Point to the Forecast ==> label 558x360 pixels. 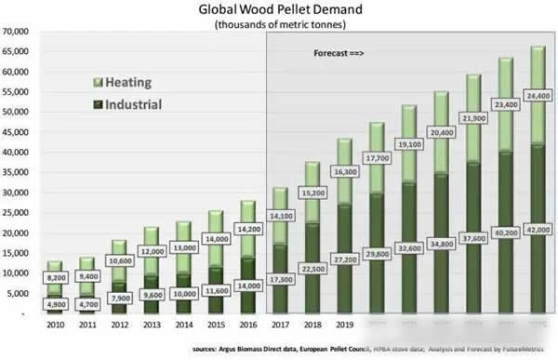[x=336, y=56]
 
